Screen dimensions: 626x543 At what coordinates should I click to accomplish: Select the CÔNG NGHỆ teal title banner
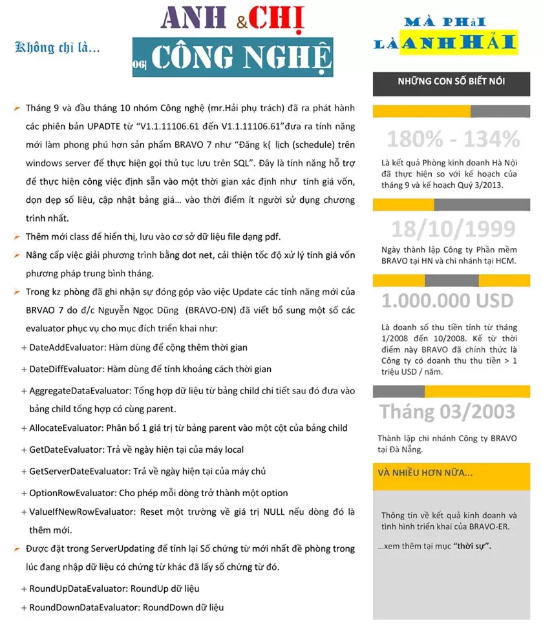coord(233,57)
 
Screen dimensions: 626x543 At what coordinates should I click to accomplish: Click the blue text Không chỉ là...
coord(57,47)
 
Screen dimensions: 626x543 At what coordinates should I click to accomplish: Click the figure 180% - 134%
coord(452,139)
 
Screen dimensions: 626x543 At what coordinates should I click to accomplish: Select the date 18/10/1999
coord(453,229)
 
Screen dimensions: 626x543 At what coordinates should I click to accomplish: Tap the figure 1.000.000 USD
coord(447,300)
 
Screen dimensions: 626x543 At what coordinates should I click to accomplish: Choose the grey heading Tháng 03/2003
coord(447,412)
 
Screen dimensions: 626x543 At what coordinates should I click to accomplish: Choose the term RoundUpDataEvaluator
coord(78,589)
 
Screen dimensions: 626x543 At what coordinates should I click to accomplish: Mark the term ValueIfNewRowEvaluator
coord(81,512)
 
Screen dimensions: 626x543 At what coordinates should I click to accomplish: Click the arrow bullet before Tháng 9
coord(17,107)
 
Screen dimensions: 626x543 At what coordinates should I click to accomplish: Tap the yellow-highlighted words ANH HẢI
coord(458,43)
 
